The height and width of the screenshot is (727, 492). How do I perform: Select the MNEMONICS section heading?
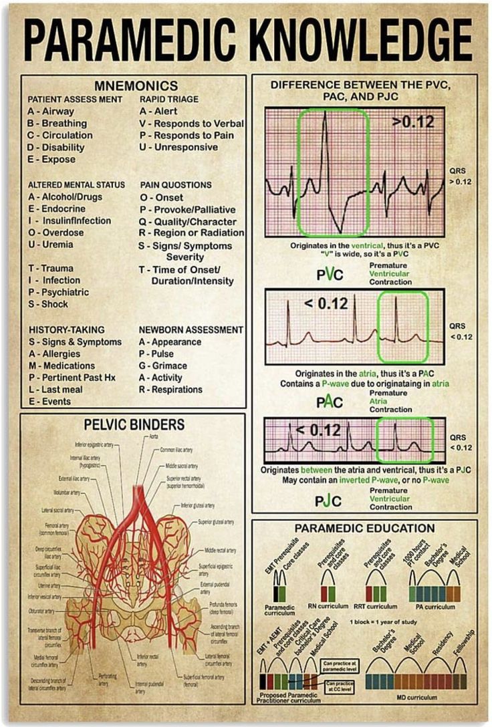[136, 86]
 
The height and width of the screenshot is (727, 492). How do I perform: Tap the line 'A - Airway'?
[51, 112]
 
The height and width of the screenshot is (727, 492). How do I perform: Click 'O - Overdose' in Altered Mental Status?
[56, 233]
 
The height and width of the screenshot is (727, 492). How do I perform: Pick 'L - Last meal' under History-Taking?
[55, 390]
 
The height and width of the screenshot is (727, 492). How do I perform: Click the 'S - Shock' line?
[48, 304]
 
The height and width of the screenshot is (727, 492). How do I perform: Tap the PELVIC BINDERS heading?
[134, 424]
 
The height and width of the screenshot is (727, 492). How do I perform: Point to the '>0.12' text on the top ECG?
[413, 122]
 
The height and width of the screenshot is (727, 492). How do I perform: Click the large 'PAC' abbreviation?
[330, 402]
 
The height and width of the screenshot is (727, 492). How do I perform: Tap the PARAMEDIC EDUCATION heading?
[365, 528]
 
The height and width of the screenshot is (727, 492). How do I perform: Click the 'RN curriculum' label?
[328, 606]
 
